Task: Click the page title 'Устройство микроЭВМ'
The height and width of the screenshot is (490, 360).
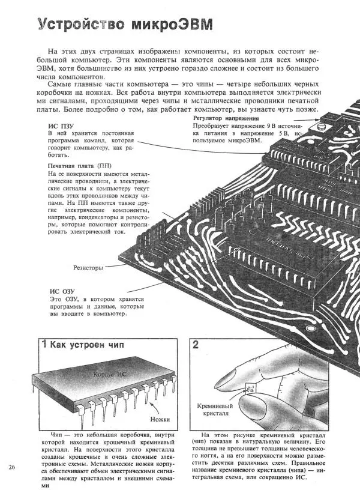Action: (x=124, y=24)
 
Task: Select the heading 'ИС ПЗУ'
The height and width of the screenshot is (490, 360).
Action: (x=61, y=126)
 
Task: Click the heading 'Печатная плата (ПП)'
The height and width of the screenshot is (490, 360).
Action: (x=79, y=165)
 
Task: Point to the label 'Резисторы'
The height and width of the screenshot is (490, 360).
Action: (x=88, y=267)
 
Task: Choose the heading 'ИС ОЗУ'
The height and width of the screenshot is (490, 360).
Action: (x=61, y=291)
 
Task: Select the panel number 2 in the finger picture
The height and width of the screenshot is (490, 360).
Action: (x=196, y=345)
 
